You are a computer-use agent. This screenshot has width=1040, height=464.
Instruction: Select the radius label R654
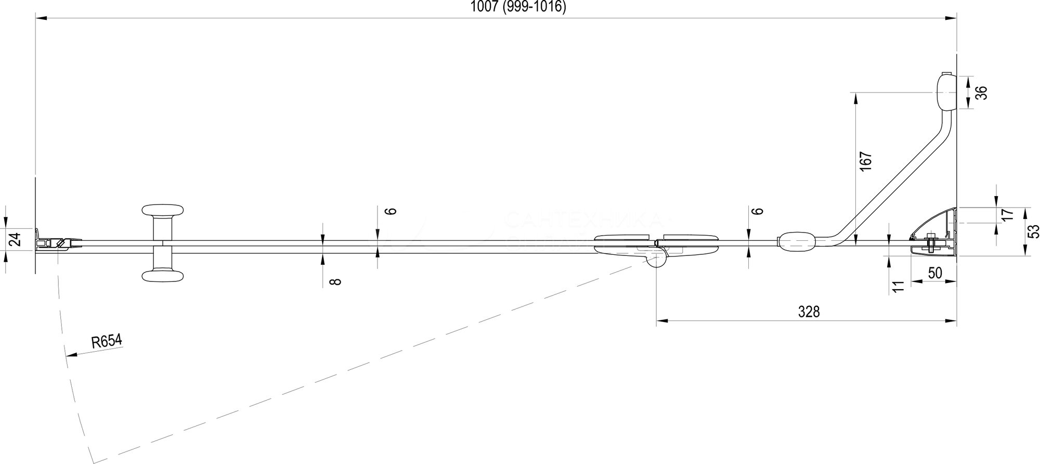coord(106,342)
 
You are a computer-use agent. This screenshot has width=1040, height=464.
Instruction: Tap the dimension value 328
coord(809,312)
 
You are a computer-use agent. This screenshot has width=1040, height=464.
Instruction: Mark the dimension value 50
coord(934,273)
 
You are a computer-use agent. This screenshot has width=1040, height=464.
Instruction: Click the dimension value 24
coord(16,240)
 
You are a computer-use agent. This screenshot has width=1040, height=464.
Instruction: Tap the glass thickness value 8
coord(336,281)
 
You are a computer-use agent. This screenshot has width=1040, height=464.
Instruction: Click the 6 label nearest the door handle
coord(392,211)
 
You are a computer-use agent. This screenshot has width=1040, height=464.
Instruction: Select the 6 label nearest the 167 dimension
coord(759,211)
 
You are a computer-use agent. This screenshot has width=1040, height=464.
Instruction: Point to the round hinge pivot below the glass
coord(657,259)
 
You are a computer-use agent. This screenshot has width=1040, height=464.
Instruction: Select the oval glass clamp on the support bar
coord(796,242)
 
